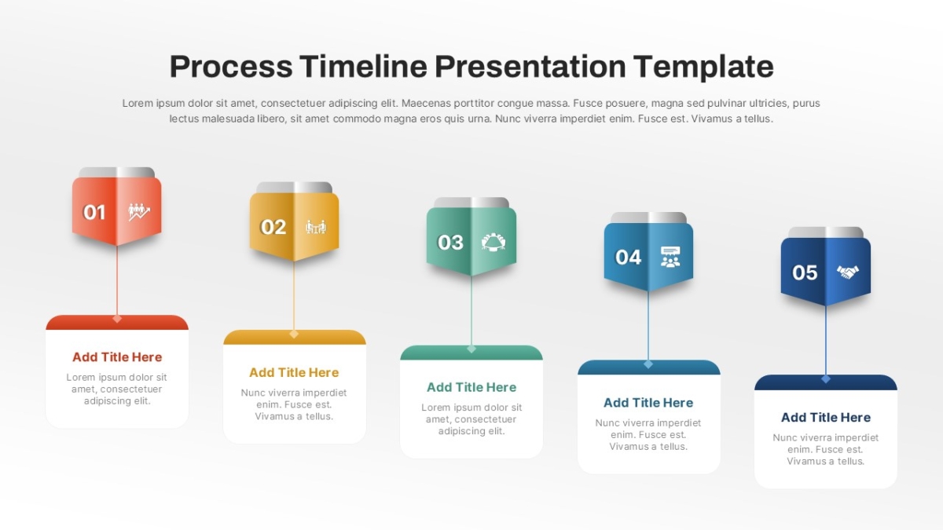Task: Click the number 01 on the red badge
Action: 94,212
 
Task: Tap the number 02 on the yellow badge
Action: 273,227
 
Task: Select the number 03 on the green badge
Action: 450,243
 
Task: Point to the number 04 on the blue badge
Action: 628,257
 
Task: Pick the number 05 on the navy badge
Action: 805,272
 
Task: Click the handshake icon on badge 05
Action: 847,272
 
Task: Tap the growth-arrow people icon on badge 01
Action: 139,212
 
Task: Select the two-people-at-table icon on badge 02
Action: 316,227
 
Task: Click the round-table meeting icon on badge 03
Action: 494,243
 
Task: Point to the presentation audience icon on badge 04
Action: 670,257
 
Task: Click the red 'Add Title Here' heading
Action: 117,357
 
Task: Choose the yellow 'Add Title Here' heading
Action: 294,372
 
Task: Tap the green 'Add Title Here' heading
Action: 472,387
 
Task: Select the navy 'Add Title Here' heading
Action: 826,417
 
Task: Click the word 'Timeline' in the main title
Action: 363,67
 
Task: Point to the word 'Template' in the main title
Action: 703,68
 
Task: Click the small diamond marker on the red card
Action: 117,319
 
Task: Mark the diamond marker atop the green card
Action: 472,349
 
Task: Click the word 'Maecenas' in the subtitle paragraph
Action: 422,103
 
